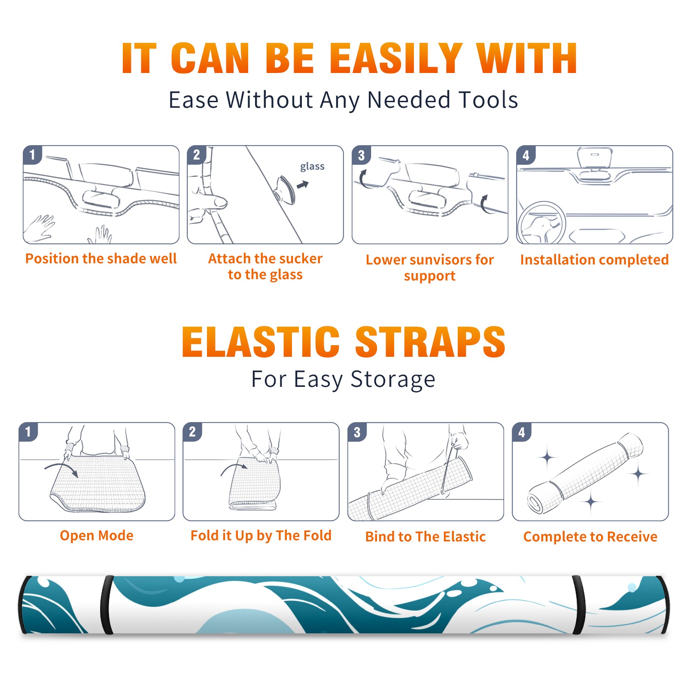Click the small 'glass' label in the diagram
coord(312,167)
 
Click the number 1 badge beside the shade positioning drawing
coord(32,155)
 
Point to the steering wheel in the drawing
coord(542,223)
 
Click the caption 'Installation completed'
coord(594,260)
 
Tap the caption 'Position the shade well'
coord(101,258)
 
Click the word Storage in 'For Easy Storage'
coord(392,380)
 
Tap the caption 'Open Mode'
coord(97,535)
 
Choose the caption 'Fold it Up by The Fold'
coord(261,536)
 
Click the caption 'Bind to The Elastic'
coord(426,537)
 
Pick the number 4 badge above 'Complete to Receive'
coord(522,432)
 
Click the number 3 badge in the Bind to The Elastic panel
coord(357,432)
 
